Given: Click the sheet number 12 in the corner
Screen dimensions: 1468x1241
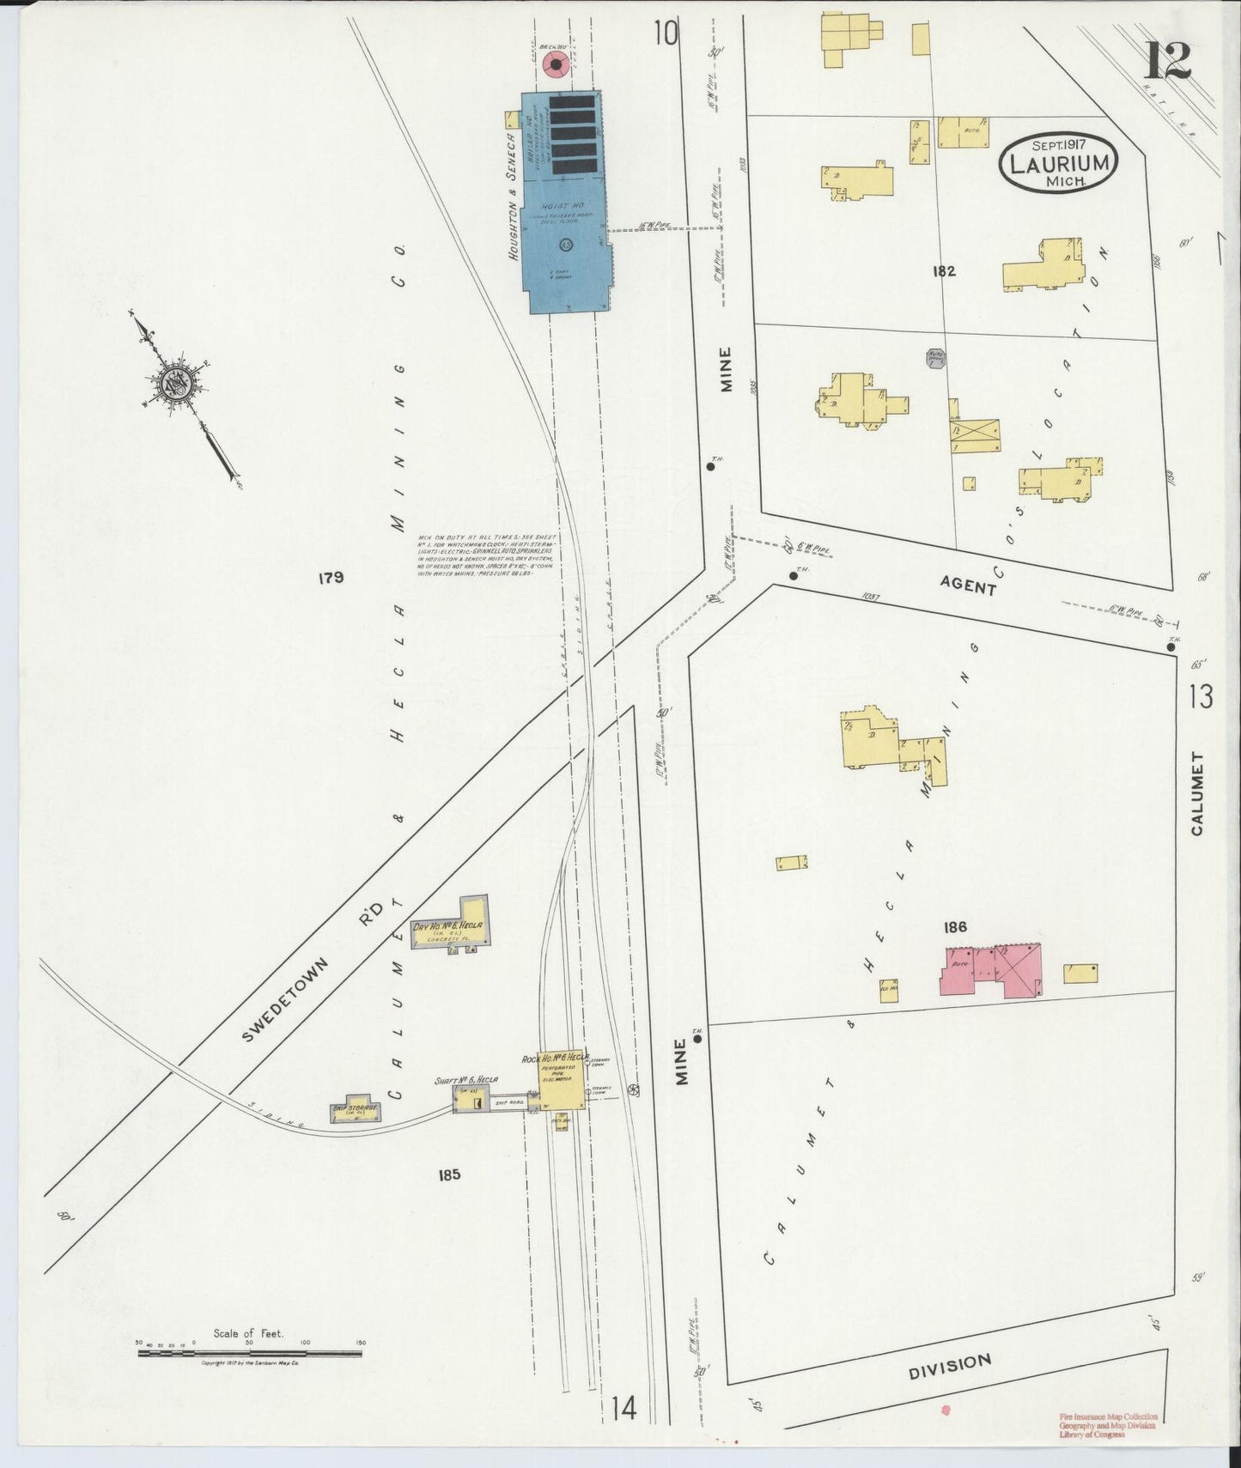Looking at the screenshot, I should (1167, 59).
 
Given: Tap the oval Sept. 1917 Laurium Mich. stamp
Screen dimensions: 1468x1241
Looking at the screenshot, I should (1059, 162).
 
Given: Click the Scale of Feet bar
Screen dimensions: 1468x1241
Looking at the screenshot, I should (249, 1354).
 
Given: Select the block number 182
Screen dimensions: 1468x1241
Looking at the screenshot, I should (944, 271).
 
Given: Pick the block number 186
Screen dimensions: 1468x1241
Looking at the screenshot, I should (955, 926).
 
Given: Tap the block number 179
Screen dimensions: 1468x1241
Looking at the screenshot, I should (331, 578).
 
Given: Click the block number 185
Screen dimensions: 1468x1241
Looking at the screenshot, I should (449, 1174).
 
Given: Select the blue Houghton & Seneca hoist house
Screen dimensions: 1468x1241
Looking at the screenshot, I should (564, 206).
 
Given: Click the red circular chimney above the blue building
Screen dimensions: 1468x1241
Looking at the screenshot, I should (556, 64).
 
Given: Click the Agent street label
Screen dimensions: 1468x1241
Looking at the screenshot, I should (968, 586).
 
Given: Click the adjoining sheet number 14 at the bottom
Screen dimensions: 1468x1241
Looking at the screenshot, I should (624, 1408).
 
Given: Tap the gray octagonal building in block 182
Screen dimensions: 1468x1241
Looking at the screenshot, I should (936, 358).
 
